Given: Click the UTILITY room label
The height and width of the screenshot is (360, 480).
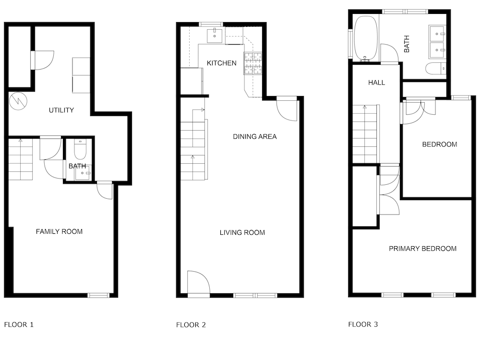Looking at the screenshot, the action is tap(61, 110).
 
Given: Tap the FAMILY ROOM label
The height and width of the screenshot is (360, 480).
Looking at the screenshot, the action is tap(59, 231).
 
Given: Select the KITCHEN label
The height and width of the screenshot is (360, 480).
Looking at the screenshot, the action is tap(222, 63).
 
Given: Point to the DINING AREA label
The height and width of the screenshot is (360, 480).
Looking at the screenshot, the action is tap(255, 136).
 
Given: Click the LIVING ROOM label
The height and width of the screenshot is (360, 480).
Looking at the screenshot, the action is tap(242, 233).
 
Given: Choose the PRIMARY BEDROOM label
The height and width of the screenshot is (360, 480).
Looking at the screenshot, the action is tap(422, 249).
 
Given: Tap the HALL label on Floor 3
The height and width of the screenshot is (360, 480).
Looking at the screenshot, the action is tap(376, 83).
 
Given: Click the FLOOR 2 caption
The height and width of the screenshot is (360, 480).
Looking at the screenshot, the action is tap(191, 325).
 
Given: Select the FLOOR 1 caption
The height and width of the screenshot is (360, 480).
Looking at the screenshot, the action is tap(19, 324).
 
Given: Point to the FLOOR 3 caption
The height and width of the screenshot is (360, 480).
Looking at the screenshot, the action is tap(363, 324).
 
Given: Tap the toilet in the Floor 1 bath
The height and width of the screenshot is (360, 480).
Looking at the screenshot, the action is tap(81, 149).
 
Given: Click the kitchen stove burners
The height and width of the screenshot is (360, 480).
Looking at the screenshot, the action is tap(253, 63).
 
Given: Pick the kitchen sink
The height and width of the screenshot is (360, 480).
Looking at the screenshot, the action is tap(215, 35).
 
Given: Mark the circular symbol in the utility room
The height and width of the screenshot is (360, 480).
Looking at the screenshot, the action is tap(18, 101).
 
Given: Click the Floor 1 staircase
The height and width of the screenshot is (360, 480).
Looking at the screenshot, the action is tap(20, 159).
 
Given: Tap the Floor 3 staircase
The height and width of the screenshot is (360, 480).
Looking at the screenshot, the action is tap(365, 134).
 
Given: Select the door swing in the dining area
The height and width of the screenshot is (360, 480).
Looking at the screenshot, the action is tap(287, 110).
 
